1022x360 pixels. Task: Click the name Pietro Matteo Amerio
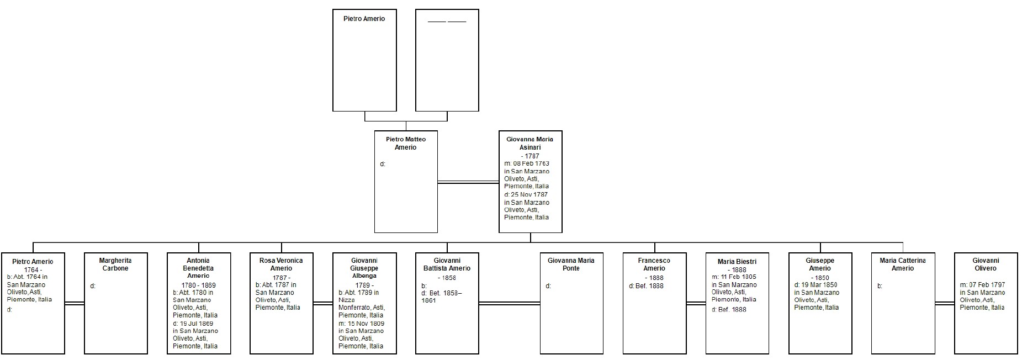click(406, 143)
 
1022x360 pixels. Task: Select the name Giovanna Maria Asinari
click(530, 143)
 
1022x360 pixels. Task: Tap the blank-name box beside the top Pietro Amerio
click(447, 60)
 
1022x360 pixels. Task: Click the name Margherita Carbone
click(115, 264)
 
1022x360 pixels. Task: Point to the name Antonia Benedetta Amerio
click(198, 268)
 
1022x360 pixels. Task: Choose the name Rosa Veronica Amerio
click(281, 264)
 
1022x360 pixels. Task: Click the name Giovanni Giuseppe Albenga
click(364, 268)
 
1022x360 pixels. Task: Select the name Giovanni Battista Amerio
click(447, 264)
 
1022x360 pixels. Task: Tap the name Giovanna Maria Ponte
click(571, 264)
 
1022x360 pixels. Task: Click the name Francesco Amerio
click(654, 264)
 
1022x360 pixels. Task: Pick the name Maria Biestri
click(737, 262)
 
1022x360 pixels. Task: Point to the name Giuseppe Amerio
click(820, 264)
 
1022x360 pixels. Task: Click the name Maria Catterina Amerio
click(903, 264)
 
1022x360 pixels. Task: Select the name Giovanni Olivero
click(986, 264)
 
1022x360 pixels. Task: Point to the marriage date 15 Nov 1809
click(364, 324)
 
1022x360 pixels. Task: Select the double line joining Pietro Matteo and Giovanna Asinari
click(468, 182)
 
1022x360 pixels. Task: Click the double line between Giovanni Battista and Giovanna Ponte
click(509, 303)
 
